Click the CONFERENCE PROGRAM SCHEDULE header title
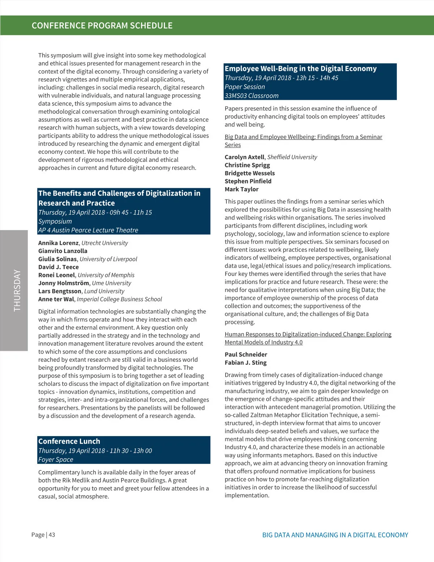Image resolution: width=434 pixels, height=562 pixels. click(102, 26)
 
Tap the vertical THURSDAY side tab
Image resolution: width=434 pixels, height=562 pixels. click(17, 290)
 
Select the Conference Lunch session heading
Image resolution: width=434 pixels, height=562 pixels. click(69, 441)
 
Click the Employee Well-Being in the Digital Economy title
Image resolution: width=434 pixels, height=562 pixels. click(301, 68)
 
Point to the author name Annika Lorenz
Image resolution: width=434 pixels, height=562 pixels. click(58, 243)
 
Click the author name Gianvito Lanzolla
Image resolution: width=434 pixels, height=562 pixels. click(63, 251)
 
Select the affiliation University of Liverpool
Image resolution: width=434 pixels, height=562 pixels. click(108, 259)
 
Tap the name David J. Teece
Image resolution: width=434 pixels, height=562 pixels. click(58, 267)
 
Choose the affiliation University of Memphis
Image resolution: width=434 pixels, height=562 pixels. click(106, 275)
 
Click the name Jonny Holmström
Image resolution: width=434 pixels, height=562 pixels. click(64, 283)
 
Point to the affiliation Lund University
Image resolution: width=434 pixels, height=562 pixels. click(104, 291)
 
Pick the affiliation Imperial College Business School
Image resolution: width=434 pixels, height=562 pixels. click(119, 299)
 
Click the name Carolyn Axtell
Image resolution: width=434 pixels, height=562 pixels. click(244, 157)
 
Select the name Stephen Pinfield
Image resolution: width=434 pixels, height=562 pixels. click(248, 181)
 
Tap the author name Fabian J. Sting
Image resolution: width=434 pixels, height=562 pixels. click(246, 363)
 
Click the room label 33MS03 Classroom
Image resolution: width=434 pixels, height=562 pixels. click(251, 96)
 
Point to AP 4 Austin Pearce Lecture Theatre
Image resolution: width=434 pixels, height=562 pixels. click(88, 230)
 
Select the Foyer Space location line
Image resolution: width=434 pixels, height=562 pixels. click(56, 460)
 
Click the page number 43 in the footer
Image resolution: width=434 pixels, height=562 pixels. click(52, 535)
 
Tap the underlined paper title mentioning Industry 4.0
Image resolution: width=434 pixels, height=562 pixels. click(308, 338)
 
